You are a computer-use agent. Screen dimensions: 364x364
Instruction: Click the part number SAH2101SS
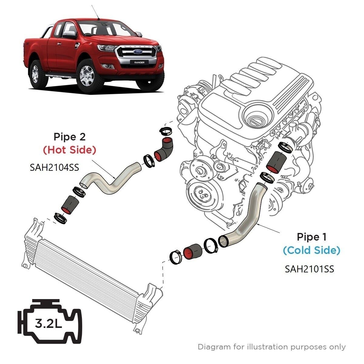pyautogui.click(x=309, y=269)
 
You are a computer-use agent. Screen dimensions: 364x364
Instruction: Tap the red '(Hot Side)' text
pyautogui.click(x=69, y=150)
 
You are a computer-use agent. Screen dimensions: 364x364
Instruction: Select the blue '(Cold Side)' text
pyautogui.click(x=312, y=250)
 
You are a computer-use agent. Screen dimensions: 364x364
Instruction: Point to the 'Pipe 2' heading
pyautogui.click(x=69, y=137)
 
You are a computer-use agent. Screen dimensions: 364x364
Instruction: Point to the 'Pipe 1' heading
pyautogui.click(x=312, y=237)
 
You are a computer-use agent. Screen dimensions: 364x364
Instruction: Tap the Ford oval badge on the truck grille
pyautogui.click(x=136, y=52)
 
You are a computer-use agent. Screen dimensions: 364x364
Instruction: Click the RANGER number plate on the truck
pyautogui.click(x=137, y=62)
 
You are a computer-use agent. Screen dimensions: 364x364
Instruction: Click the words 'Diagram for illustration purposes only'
pyautogui.click(x=271, y=346)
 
